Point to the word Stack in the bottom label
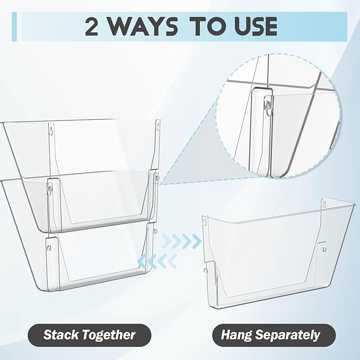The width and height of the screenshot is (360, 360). (x=61, y=335)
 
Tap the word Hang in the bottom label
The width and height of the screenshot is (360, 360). (x=236, y=336)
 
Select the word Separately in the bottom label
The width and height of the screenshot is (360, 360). (x=288, y=336)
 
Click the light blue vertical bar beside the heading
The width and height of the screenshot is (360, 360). (x=14, y=27)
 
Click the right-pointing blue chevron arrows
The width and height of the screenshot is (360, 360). (x=181, y=241)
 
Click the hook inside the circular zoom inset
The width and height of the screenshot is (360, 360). (x=267, y=106)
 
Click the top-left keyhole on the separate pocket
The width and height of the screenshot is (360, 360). (x=204, y=221)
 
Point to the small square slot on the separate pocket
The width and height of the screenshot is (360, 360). (x=324, y=249)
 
